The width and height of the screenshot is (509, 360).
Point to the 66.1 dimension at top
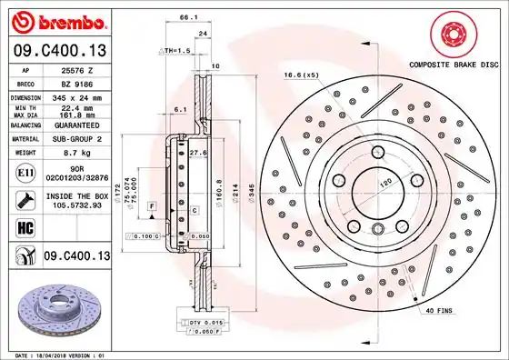pyautogui.click(x=188, y=17)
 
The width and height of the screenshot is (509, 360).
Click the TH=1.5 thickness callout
pyautogui.click(x=177, y=51)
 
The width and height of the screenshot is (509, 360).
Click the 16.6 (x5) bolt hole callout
pyautogui.click(x=300, y=75)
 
